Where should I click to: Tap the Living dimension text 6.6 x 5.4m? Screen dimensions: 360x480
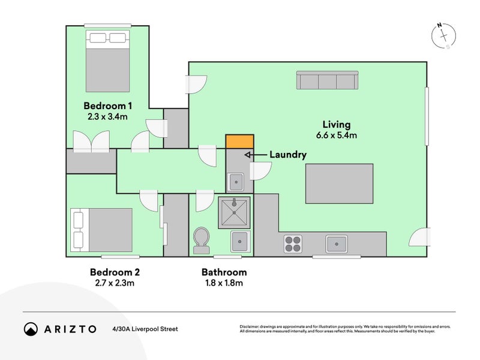click(x=336, y=136)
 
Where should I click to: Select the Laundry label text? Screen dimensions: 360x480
click(x=287, y=155)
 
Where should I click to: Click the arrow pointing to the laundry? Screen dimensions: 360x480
click(x=254, y=155)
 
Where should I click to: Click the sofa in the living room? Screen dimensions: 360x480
click(x=327, y=80)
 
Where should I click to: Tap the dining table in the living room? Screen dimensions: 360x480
click(x=340, y=184)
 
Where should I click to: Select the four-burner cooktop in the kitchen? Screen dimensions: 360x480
click(x=293, y=243)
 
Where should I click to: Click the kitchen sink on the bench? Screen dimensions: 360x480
click(x=336, y=243)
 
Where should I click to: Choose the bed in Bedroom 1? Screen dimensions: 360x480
click(x=108, y=61)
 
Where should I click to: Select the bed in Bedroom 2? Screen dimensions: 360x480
click(x=101, y=230)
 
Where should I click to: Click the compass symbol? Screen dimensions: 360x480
click(x=443, y=37)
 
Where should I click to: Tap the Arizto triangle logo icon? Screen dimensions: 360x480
click(x=31, y=329)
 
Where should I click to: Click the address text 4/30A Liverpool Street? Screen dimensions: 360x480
click(x=145, y=329)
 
